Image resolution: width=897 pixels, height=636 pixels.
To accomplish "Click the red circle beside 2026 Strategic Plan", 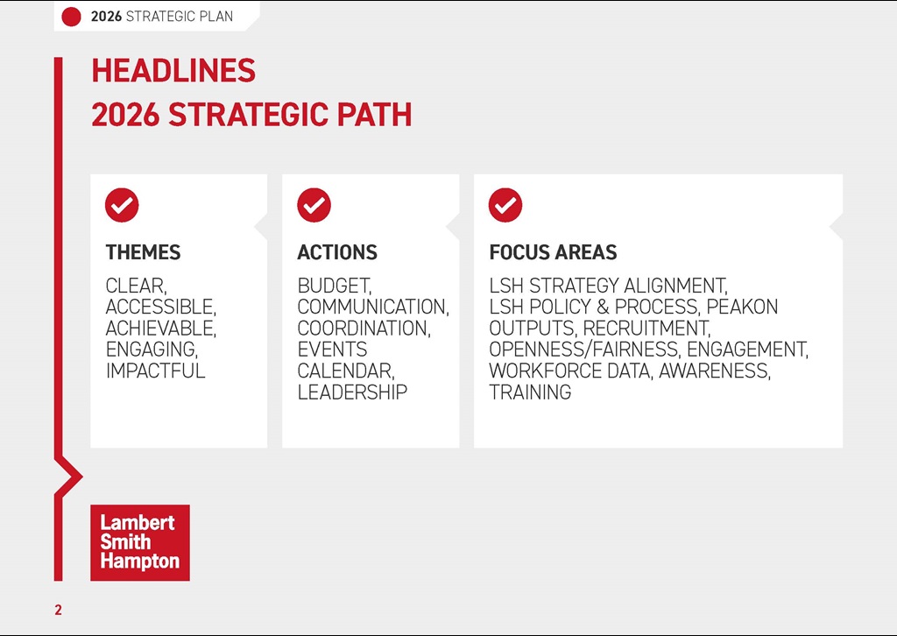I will [72, 16].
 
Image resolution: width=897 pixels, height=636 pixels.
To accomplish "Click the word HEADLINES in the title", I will [173, 71].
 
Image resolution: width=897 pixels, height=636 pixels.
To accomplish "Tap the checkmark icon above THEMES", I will [122, 205].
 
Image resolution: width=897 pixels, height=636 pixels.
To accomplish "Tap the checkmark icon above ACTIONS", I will [314, 205].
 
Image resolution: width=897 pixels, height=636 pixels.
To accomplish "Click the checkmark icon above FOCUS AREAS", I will [505, 205].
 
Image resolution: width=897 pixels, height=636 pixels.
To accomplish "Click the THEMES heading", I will [143, 252].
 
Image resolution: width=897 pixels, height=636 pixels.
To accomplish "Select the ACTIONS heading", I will [337, 252].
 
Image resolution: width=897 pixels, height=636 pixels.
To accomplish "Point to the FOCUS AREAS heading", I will [553, 252].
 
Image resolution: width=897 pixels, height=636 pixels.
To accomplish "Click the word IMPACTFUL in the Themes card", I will [155, 371].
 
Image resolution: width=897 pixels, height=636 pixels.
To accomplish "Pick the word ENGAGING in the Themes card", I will [150, 350].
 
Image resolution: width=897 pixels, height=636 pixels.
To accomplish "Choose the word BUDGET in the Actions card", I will [334, 286].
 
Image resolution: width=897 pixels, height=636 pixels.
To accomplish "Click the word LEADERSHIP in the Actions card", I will [352, 392].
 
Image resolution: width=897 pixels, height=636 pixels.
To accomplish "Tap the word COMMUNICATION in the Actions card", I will [371, 307].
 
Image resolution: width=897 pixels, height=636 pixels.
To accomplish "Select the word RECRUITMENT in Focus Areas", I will [645, 329].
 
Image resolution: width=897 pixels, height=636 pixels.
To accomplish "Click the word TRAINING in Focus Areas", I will [530, 392].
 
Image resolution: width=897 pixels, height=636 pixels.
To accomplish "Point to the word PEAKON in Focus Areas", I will [742, 307].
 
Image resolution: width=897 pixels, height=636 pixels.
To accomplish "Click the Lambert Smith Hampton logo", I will [140, 542].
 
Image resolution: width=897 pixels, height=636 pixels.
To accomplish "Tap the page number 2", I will [59, 611].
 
